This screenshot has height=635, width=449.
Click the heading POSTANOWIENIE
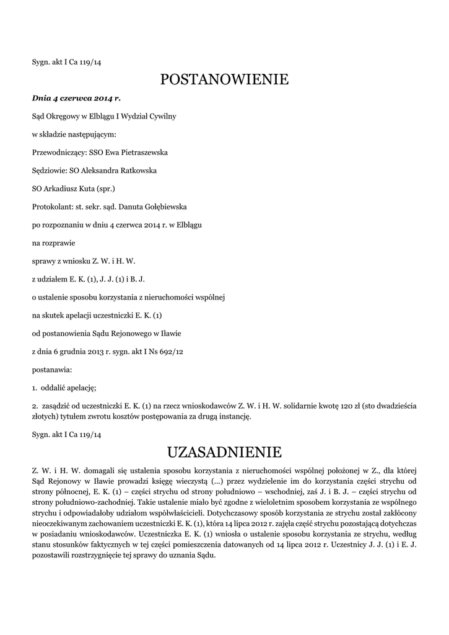[x=224, y=79]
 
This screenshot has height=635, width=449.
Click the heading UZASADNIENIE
[x=224, y=451]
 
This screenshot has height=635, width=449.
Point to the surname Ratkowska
[x=136, y=170]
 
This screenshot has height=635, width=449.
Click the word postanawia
[x=52, y=370]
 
